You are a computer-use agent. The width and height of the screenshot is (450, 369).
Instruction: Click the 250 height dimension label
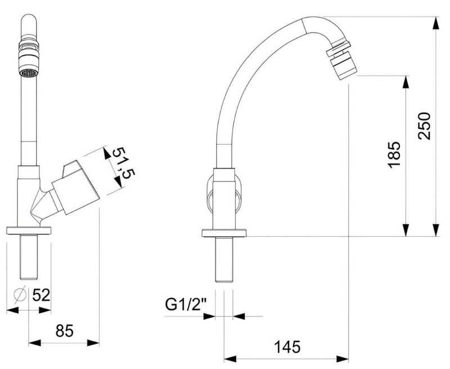425,126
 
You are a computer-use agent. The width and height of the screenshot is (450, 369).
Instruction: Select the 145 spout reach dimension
287,346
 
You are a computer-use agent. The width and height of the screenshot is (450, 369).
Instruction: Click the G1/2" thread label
186,305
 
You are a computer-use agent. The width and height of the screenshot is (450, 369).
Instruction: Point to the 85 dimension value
65,331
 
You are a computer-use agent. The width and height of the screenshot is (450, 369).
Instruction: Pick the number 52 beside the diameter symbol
41,295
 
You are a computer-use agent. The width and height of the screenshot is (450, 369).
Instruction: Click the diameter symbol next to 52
20,295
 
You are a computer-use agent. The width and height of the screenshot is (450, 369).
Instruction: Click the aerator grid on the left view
29,73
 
